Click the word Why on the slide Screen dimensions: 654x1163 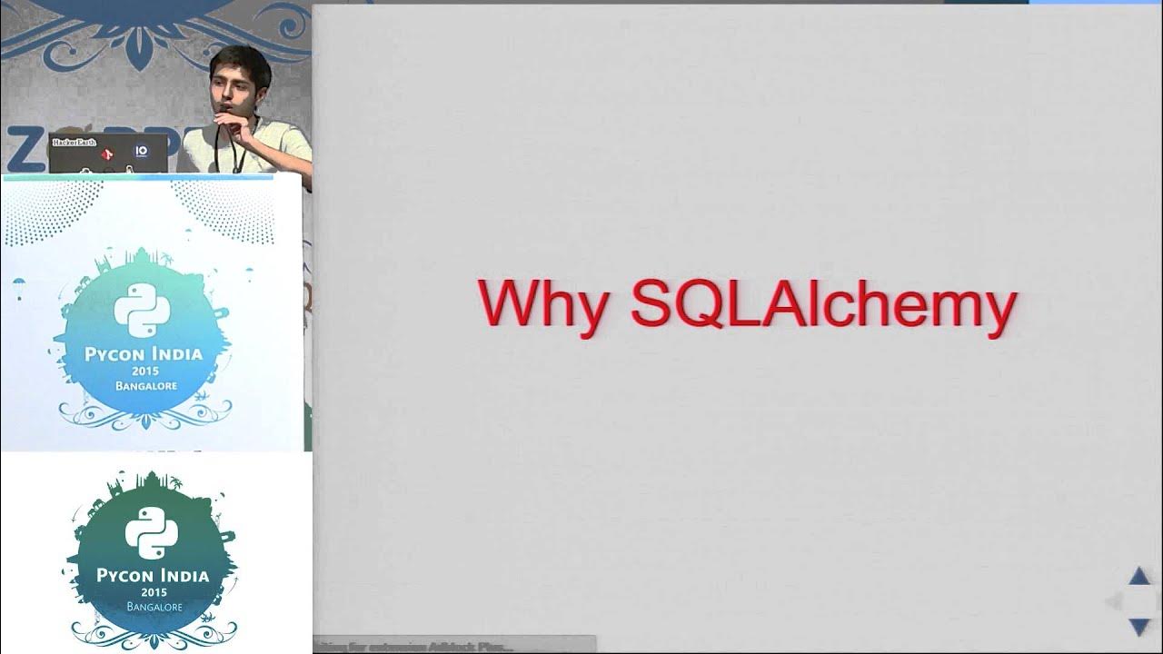543,304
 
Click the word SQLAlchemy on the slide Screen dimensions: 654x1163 822,304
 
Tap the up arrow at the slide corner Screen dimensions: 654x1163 1139,576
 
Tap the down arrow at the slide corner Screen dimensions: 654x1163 1139,626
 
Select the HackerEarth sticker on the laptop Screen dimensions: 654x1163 74,143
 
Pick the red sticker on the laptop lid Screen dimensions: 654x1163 107,154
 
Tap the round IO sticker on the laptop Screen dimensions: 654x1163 141,151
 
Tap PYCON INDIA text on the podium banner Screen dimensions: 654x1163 144,353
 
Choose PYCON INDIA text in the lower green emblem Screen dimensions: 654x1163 153,575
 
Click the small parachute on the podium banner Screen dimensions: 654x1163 19,292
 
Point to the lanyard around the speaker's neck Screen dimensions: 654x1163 238,150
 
